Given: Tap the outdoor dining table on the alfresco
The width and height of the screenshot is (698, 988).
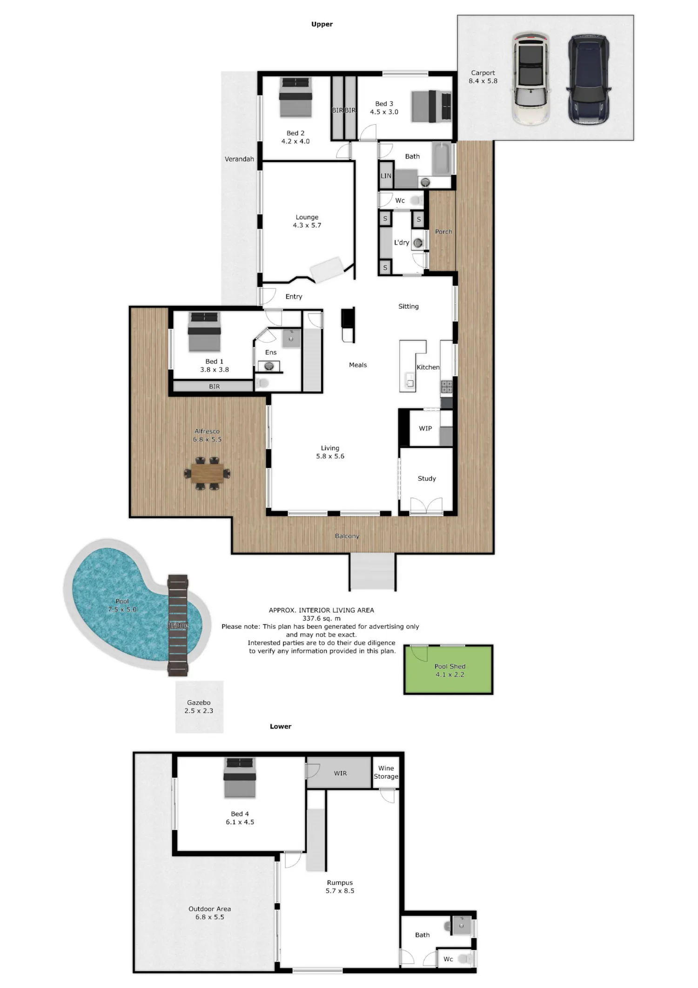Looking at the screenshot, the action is pyautogui.click(x=207, y=474).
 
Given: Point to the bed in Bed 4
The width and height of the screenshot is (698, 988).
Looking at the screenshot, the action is pyautogui.click(x=240, y=777).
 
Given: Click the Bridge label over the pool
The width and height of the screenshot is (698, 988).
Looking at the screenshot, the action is pyautogui.click(x=178, y=625).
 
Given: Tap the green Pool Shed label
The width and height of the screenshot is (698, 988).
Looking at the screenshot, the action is pyautogui.click(x=450, y=670).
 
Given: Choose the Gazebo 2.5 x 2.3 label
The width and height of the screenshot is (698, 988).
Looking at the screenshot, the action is pyautogui.click(x=199, y=707).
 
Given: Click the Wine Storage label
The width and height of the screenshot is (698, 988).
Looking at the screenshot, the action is pyautogui.click(x=386, y=772).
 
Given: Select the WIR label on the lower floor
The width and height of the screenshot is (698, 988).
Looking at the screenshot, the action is pyautogui.click(x=340, y=773).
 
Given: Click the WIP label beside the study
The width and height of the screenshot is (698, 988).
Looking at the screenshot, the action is pyautogui.click(x=425, y=428).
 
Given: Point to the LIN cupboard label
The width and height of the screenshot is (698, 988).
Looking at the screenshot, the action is pyautogui.click(x=386, y=176).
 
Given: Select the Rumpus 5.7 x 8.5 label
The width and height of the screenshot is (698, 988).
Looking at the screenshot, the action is pyautogui.click(x=340, y=886).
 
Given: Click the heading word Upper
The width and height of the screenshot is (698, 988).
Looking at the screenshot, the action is pyautogui.click(x=322, y=24).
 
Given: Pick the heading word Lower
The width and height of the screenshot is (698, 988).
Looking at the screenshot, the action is pyautogui.click(x=281, y=726).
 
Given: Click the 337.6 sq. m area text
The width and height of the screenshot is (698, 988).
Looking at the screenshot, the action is pyautogui.click(x=322, y=618).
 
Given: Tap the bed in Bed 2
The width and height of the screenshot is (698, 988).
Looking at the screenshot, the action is pyautogui.click(x=295, y=97).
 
